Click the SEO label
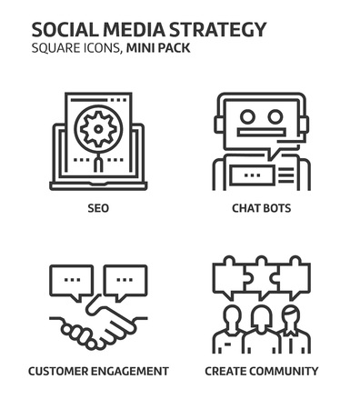pos(98,207)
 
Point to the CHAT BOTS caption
pos(261,207)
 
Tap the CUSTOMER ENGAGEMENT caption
pos(98,371)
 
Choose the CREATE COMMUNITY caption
pos(261,371)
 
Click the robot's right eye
pos(275,116)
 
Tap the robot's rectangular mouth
pos(261,134)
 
